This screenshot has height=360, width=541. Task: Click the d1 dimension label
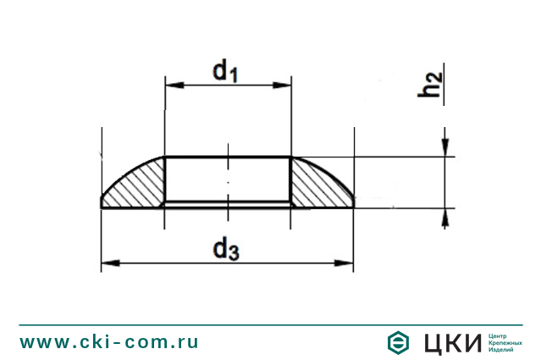tap(225, 71)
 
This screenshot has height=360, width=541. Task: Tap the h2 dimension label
tap(432, 85)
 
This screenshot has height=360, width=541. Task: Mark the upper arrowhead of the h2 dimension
tap(444, 151)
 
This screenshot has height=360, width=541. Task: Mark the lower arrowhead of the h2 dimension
tap(444, 215)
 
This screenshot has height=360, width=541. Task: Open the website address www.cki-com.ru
tap(109, 342)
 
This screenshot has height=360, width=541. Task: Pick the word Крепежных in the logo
tap(505, 342)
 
